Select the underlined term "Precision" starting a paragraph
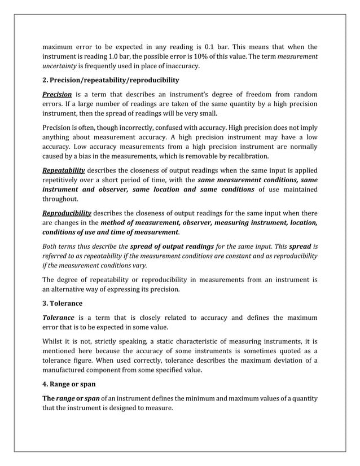pos(57,94)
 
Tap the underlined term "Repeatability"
pos(64,170)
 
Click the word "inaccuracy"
pos(181,67)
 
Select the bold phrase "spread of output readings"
pos(172,247)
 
